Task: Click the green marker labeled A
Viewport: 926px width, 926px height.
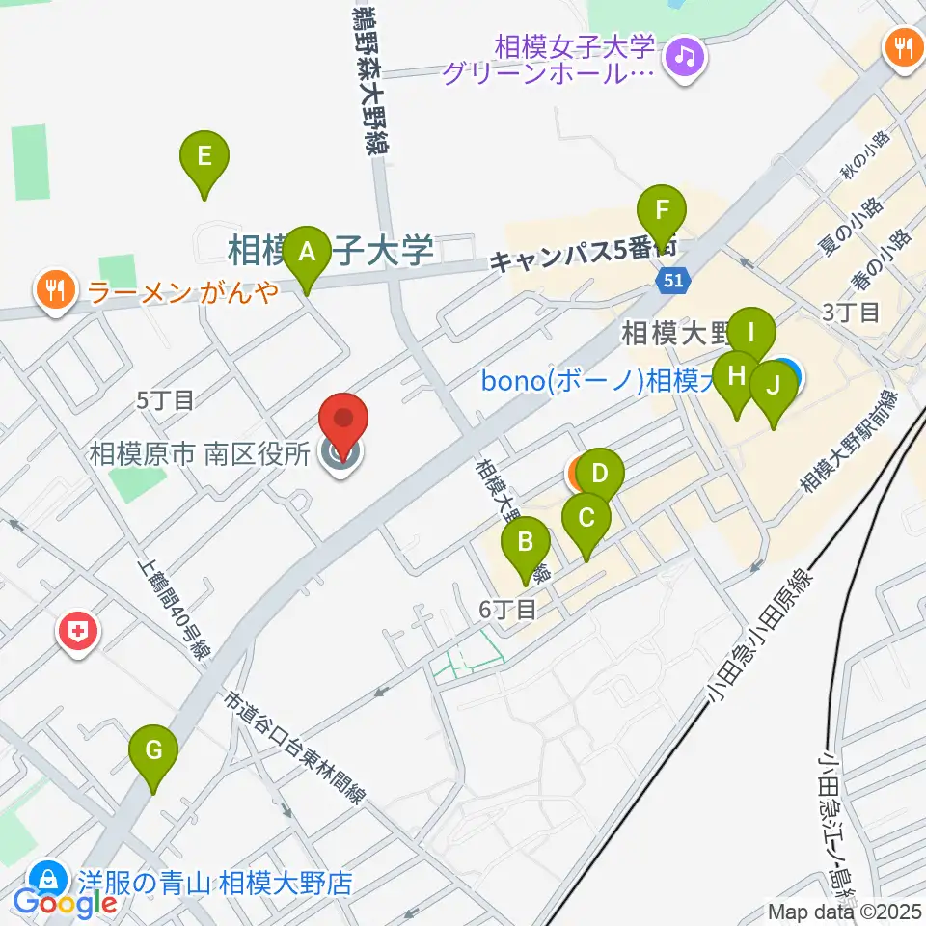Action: click(x=308, y=253)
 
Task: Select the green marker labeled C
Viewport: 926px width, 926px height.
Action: click(x=586, y=519)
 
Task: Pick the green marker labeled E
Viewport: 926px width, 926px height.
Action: click(x=204, y=157)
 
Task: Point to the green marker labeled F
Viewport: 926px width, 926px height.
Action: click(x=662, y=211)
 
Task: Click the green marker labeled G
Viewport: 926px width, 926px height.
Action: click(x=153, y=750)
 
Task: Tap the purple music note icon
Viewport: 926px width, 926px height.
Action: click(x=686, y=55)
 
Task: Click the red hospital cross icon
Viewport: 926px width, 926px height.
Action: click(x=79, y=633)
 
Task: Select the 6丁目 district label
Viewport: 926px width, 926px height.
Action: click(x=507, y=610)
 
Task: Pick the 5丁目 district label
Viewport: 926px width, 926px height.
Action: click(x=166, y=397)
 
